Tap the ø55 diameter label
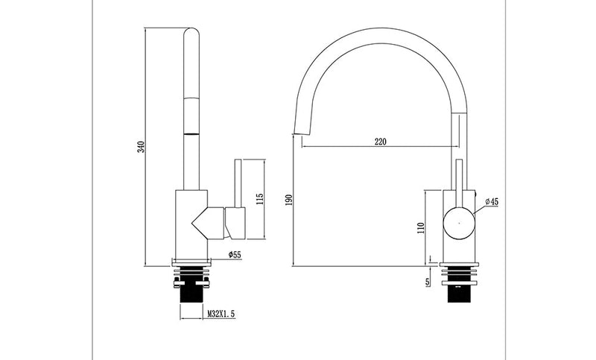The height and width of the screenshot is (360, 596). point(234,255)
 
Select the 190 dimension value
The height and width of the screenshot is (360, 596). point(288,199)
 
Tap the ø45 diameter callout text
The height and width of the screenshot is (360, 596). point(492,201)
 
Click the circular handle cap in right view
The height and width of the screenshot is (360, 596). point(459,221)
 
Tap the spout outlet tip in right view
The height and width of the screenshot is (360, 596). point(300,132)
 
